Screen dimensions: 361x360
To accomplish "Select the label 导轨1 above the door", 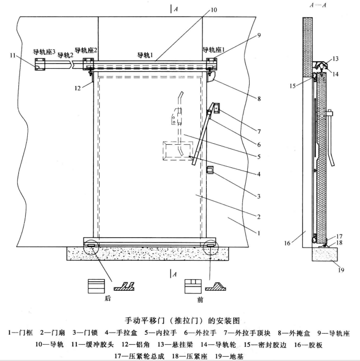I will click(145, 55).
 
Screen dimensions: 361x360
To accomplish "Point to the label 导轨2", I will click(66, 55).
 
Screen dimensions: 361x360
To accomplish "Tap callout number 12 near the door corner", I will click(77, 88).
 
